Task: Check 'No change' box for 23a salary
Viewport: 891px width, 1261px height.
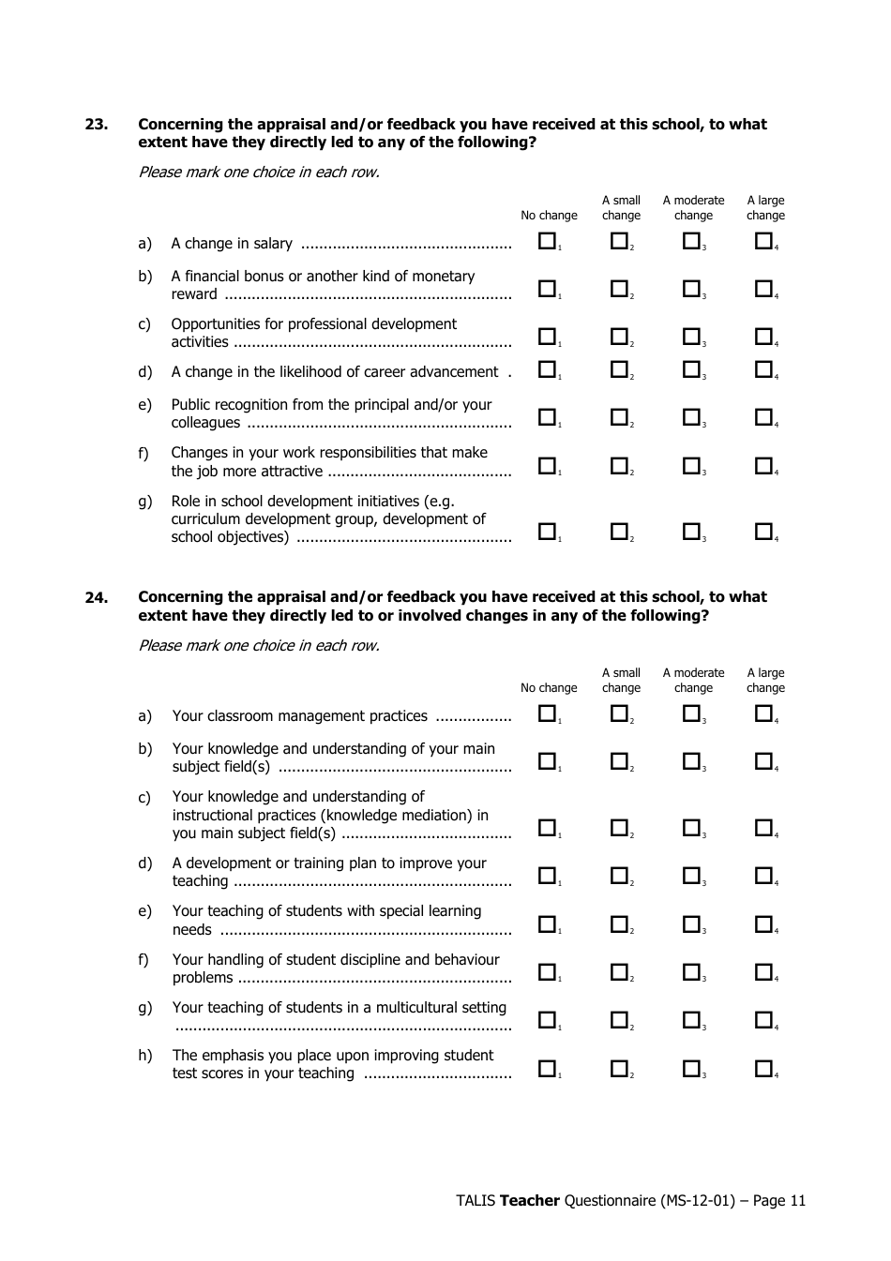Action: pyautogui.click(x=547, y=242)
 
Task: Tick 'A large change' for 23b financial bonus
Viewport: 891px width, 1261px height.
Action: pyautogui.click(x=763, y=290)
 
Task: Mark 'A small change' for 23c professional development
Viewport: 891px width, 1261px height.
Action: pyautogui.click(x=619, y=337)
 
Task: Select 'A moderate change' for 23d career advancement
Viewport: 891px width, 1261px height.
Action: pyautogui.click(x=691, y=370)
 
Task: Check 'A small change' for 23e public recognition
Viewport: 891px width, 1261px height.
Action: pyautogui.click(x=619, y=417)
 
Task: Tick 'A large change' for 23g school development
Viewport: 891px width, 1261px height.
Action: pyautogui.click(x=763, y=532)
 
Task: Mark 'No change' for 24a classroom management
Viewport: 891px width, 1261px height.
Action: pyautogui.click(x=547, y=714)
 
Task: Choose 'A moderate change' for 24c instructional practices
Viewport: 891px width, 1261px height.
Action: pyautogui.click(x=691, y=828)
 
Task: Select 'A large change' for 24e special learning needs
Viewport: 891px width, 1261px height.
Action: pyautogui.click(x=763, y=924)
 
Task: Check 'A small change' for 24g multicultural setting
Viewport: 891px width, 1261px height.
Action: pyautogui.click(x=619, y=1020)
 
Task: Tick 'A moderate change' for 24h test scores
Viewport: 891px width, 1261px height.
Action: pyautogui.click(x=691, y=1068)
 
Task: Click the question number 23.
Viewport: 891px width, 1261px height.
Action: pyautogui.click(x=97, y=125)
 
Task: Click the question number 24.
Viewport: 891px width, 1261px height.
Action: pyautogui.click(x=97, y=598)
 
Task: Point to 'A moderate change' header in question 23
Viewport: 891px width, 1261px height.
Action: pyautogui.click(x=693, y=208)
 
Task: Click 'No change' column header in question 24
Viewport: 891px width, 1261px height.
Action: pyautogui.click(x=549, y=688)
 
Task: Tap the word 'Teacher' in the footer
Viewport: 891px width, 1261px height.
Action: pyautogui.click(x=529, y=1201)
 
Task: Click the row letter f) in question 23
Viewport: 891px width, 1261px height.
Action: pyautogui.click(x=143, y=454)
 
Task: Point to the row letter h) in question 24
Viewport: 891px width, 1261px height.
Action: pyautogui.click(x=144, y=1056)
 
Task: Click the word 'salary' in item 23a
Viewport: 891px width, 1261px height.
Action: pyautogui.click(x=272, y=244)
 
